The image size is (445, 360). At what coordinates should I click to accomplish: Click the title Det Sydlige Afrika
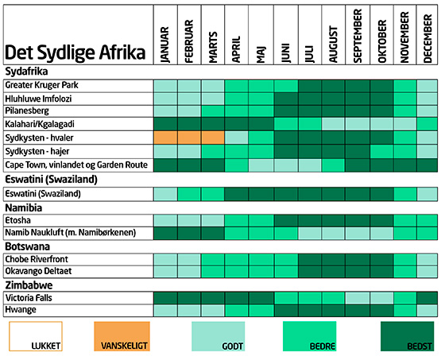click(x=75, y=52)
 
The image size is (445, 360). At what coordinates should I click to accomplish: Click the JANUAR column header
click(x=165, y=45)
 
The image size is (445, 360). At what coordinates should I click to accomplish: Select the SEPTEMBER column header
click(x=358, y=36)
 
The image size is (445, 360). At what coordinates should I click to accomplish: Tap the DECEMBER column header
click(x=428, y=39)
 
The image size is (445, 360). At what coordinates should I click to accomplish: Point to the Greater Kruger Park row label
click(x=41, y=85)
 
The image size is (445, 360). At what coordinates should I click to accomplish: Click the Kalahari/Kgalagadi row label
click(x=40, y=124)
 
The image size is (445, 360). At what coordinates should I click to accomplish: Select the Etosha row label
click(x=17, y=220)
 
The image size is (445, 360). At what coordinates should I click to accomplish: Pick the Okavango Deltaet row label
click(x=38, y=271)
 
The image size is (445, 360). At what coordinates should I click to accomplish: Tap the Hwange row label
click(x=21, y=310)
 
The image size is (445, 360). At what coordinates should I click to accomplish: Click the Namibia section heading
click(x=24, y=208)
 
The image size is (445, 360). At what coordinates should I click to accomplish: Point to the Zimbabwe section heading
click(x=29, y=285)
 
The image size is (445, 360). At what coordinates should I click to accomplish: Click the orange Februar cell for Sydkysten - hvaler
click(x=189, y=137)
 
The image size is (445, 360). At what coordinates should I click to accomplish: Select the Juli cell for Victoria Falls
click(x=310, y=298)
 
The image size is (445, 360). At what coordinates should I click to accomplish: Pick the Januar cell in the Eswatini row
click(x=165, y=194)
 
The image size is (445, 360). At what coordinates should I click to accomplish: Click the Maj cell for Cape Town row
click(x=261, y=165)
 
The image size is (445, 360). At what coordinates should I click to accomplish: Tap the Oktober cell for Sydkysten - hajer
click(x=381, y=151)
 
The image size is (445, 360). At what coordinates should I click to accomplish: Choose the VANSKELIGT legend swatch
click(x=122, y=336)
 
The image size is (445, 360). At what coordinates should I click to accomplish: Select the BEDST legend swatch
click(x=407, y=336)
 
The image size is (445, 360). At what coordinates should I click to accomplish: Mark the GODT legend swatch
click(x=218, y=336)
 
